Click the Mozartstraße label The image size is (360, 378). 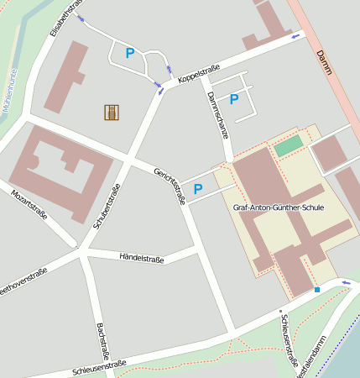pos(29,204)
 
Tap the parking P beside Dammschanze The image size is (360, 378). pos(234,99)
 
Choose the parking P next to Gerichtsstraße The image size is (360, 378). pos(198,189)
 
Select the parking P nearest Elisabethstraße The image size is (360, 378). pos(130,53)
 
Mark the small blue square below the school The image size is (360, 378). pos(317,290)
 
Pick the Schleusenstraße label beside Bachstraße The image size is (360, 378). pos(99,368)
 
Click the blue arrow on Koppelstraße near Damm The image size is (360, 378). pos(295,36)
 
